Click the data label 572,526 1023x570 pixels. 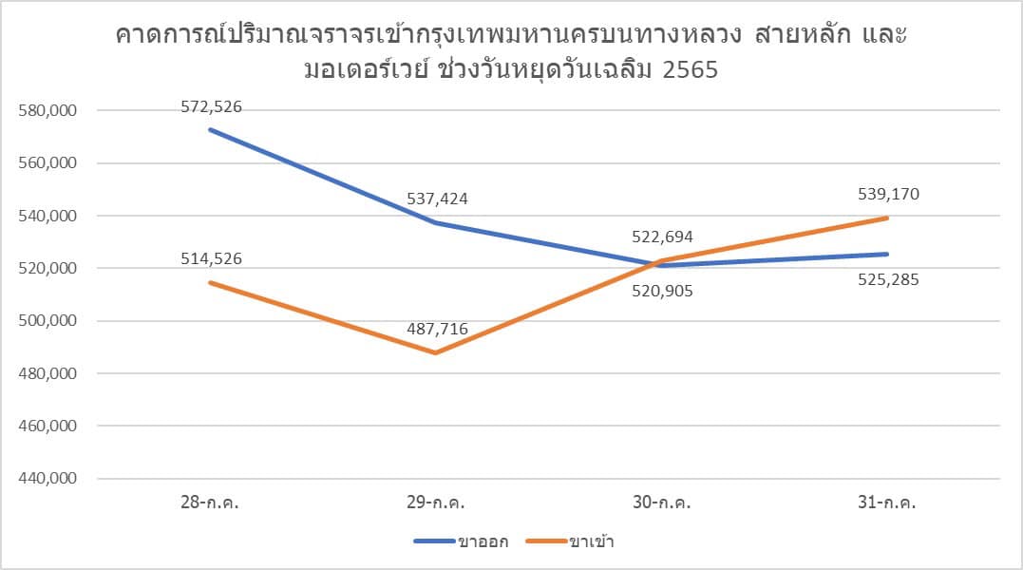click(x=212, y=107)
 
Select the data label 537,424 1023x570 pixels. click(x=437, y=199)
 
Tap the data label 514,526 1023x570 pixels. click(x=212, y=258)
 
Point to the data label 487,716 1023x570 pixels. click(x=437, y=330)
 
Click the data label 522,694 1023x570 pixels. click(x=662, y=237)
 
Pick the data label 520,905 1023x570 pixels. click(x=662, y=292)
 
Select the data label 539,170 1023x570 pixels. click(x=888, y=195)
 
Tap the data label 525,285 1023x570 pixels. click(x=888, y=280)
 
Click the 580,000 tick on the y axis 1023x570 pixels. click(x=47, y=111)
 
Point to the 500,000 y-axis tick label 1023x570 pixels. click(x=47, y=321)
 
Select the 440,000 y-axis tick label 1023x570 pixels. click(x=47, y=479)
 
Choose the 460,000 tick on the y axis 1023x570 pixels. click(x=47, y=427)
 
